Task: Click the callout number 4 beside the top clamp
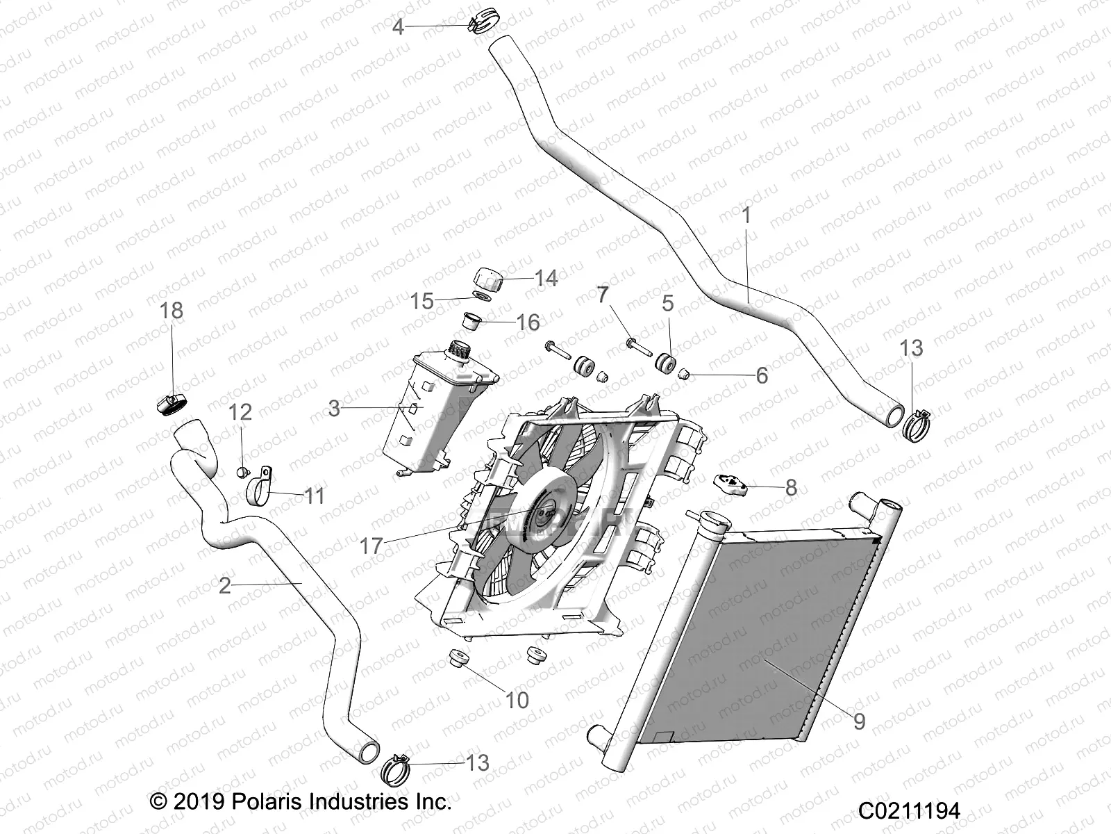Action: (398, 27)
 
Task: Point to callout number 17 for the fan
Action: (371, 546)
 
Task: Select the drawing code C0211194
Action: (909, 811)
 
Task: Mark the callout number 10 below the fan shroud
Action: (517, 700)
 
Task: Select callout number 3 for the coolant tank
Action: (334, 408)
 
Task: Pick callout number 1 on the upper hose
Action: (746, 216)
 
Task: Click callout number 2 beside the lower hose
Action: (224, 585)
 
